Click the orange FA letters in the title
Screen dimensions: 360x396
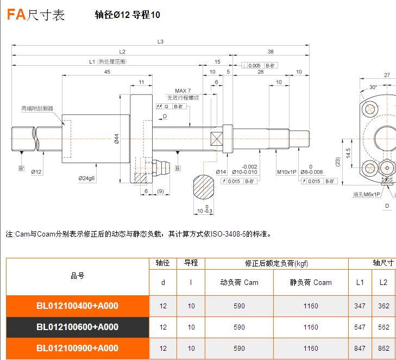pyautogui.click(x=16, y=15)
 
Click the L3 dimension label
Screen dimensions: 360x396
pyautogui.click(x=160, y=41)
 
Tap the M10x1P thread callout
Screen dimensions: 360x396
pyautogui.click(x=286, y=172)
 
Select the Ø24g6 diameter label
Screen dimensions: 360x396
pyautogui.click(x=87, y=178)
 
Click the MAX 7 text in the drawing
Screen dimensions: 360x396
pyautogui.click(x=183, y=91)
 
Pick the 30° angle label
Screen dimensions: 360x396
pyautogui.click(x=373, y=87)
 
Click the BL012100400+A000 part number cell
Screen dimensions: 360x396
pyautogui.click(x=77, y=306)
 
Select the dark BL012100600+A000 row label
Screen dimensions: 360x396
pyautogui.click(x=77, y=327)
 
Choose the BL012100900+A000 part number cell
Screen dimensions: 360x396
pyautogui.click(x=77, y=348)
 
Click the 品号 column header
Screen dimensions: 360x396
pyautogui.click(x=77, y=276)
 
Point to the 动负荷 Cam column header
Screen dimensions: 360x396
pyautogui.click(x=239, y=282)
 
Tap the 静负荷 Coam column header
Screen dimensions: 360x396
pyautogui.click(x=311, y=282)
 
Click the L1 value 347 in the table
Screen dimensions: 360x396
pyautogui.click(x=360, y=306)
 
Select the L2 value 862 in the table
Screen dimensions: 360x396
pyautogui.click(x=384, y=348)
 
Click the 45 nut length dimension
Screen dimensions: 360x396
pyautogui.click(x=107, y=72)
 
